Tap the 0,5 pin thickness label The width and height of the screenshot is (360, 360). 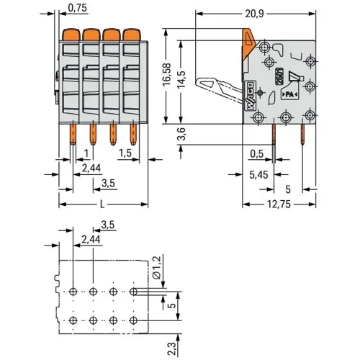coord(255,153)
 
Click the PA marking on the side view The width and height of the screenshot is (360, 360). coord(290,94)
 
